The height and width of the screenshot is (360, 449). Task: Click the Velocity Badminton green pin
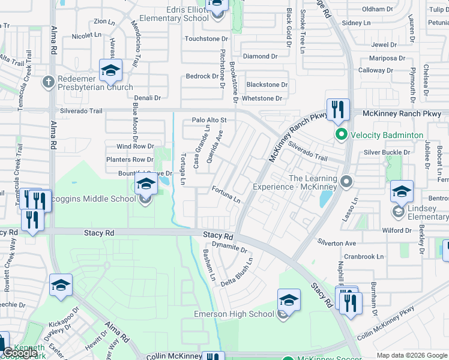click(x=342, y=134)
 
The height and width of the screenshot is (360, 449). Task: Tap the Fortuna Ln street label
click(x=226, y=194)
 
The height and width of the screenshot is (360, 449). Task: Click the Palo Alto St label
click(x=209, y=120)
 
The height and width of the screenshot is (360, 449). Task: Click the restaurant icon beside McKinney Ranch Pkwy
click(x=338, y=109)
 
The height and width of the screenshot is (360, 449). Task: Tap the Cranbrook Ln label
click(x=364, y=256)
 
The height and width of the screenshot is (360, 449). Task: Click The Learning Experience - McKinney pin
click(x=345, y=181)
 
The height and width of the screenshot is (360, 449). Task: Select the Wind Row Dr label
click(x=135, y=146)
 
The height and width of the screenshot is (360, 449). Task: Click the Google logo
click(x=20, y=352)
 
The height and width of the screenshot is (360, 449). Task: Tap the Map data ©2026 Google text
click(x=412, y=355)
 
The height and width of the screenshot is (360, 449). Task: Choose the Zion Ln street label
click(x=104, y=22)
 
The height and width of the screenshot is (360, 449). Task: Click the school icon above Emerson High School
click(x=289, y=299)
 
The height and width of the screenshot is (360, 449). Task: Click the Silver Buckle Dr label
click(x=387, y=152)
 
